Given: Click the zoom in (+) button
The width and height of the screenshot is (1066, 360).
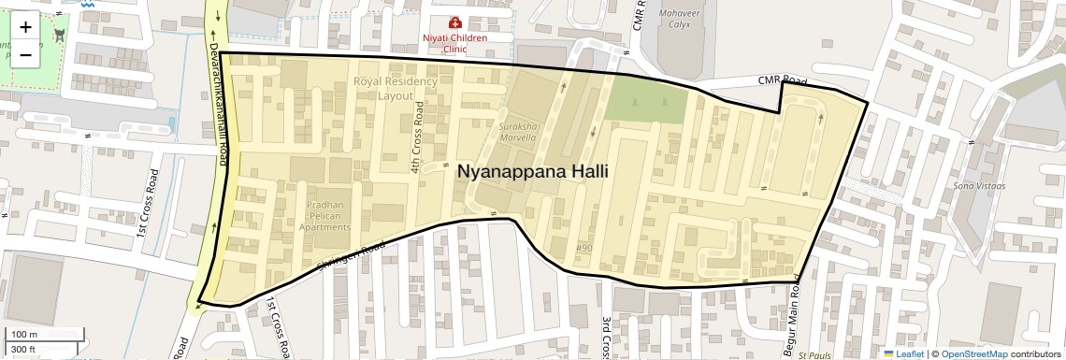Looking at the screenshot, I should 25,27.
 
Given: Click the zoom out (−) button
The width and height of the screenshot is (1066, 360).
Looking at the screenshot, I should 25,54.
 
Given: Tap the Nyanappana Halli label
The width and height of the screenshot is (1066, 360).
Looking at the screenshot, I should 532,172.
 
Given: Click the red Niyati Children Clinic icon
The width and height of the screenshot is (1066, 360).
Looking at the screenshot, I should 455,22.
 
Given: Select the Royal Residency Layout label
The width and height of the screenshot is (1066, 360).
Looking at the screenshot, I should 396,89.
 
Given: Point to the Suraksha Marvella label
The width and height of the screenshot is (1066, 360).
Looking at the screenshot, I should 517,131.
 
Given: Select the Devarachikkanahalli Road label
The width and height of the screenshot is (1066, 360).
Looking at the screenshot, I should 216,104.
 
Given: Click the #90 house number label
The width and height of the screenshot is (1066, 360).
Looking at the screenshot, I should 584,248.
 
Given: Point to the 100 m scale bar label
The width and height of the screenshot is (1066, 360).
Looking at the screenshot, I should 24,335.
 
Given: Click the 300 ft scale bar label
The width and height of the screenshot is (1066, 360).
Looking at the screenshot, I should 23,350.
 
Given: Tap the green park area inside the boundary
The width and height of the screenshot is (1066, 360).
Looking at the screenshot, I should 645,100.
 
